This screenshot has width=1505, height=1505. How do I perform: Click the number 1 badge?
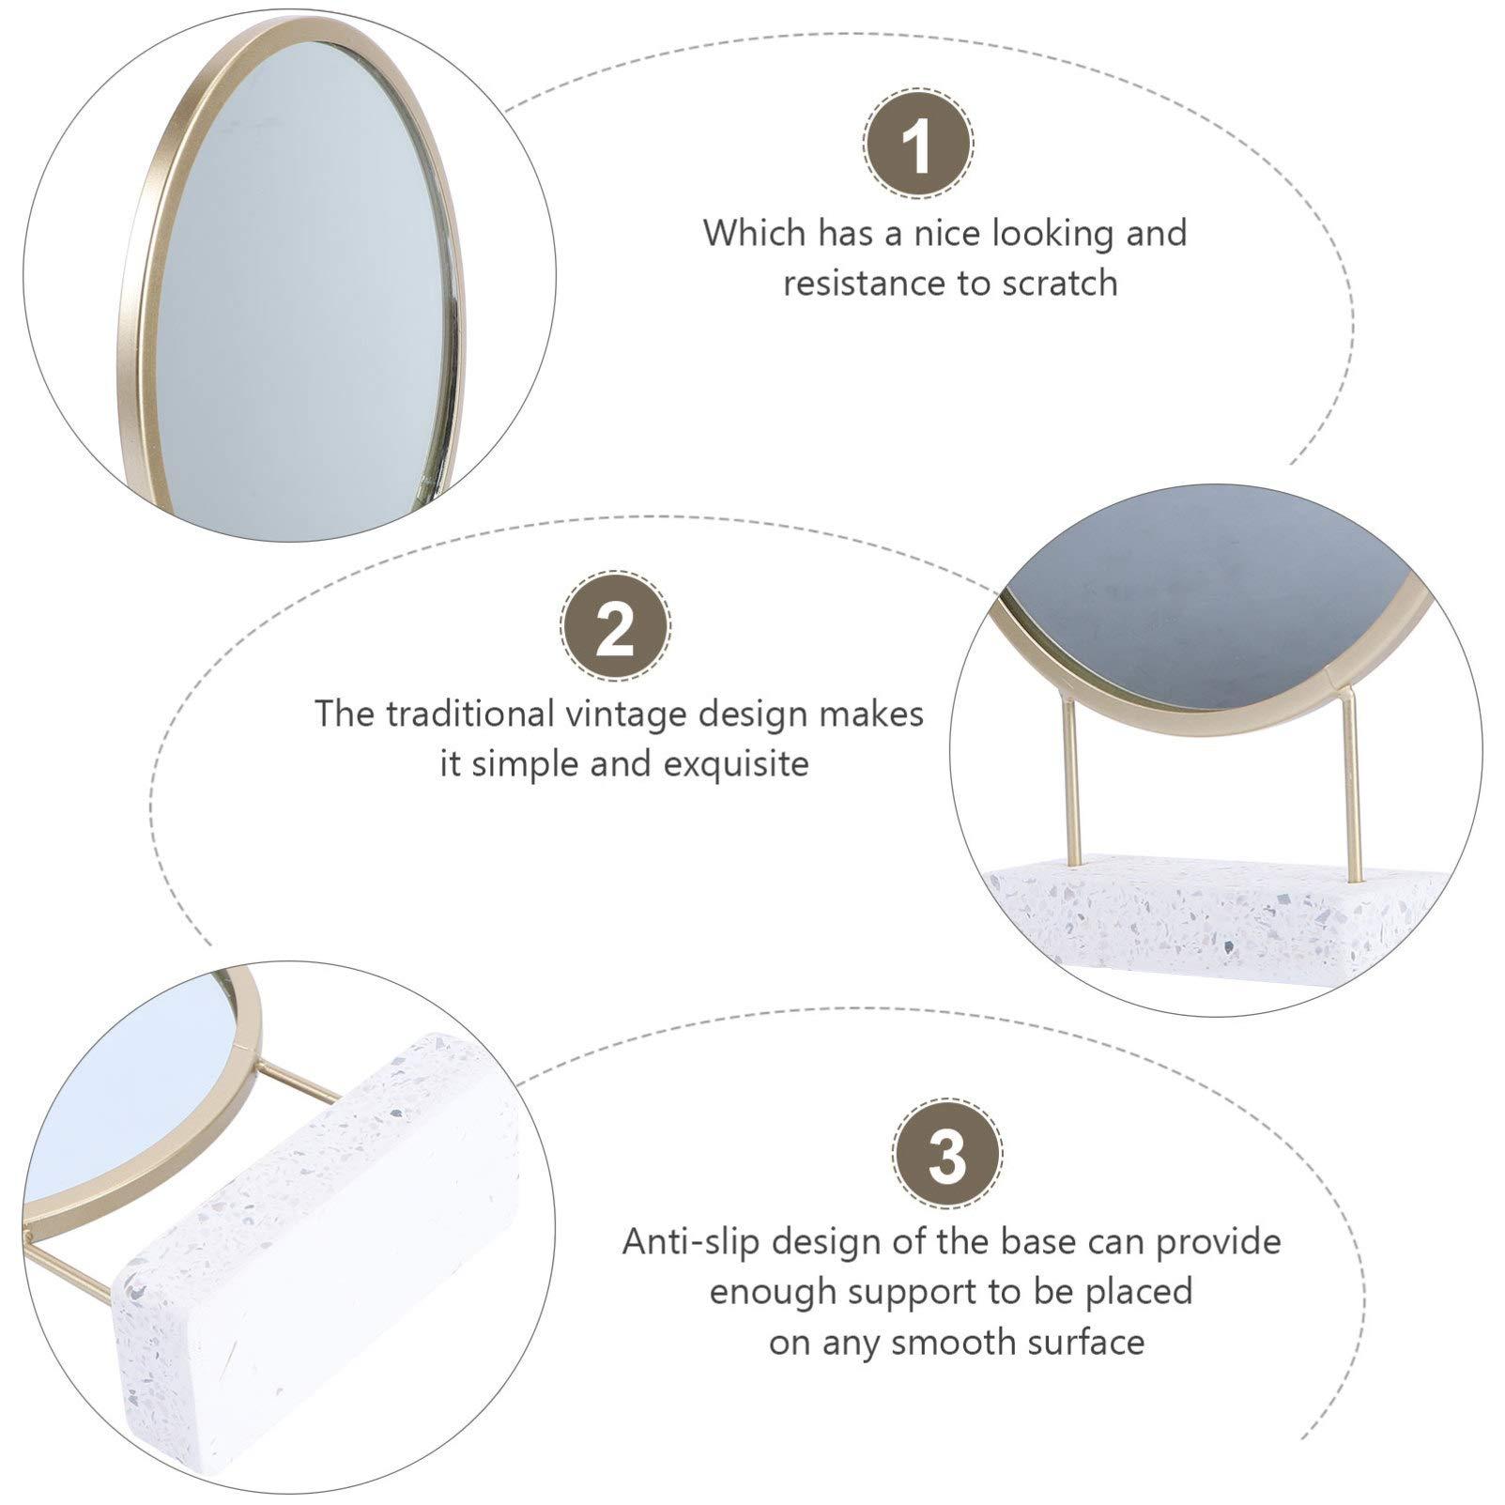pyautogui.click(x=918, y=143)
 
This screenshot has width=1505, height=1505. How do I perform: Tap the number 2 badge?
pyautogui.click(x=615, y=625)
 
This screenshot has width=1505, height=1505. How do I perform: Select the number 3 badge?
pyautogui.click(x=947, y=1154)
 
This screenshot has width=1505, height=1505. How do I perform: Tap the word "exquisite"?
pyautogui.click(x=736, y=764)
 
